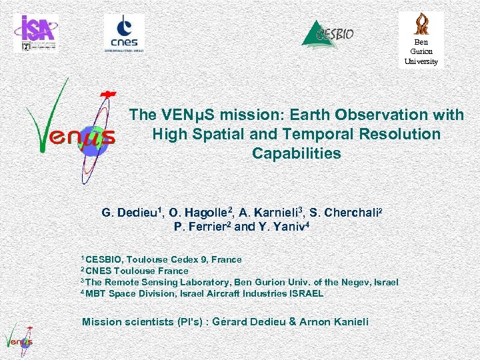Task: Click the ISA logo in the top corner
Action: coord(35,33)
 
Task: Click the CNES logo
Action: coord(124,33)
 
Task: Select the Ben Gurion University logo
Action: coord(421,39)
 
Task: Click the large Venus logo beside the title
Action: coord(70,130)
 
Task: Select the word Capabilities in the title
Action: coord(296,153)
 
